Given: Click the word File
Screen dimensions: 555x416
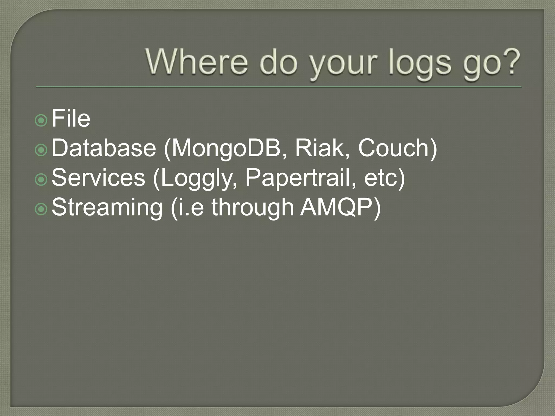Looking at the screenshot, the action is (x=71, y=118).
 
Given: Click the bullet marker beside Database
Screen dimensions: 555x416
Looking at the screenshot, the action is (x=41, y=150).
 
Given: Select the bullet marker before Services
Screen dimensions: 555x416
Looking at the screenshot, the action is (x=41, y=180).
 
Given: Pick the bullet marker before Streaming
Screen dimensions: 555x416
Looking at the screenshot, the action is (x=41, y=209).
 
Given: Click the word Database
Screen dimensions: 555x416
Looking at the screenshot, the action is (x=104, y=148).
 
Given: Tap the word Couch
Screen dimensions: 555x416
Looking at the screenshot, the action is (x=394, y=148).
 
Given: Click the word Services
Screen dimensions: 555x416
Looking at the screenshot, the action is (x=98, y=177).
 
